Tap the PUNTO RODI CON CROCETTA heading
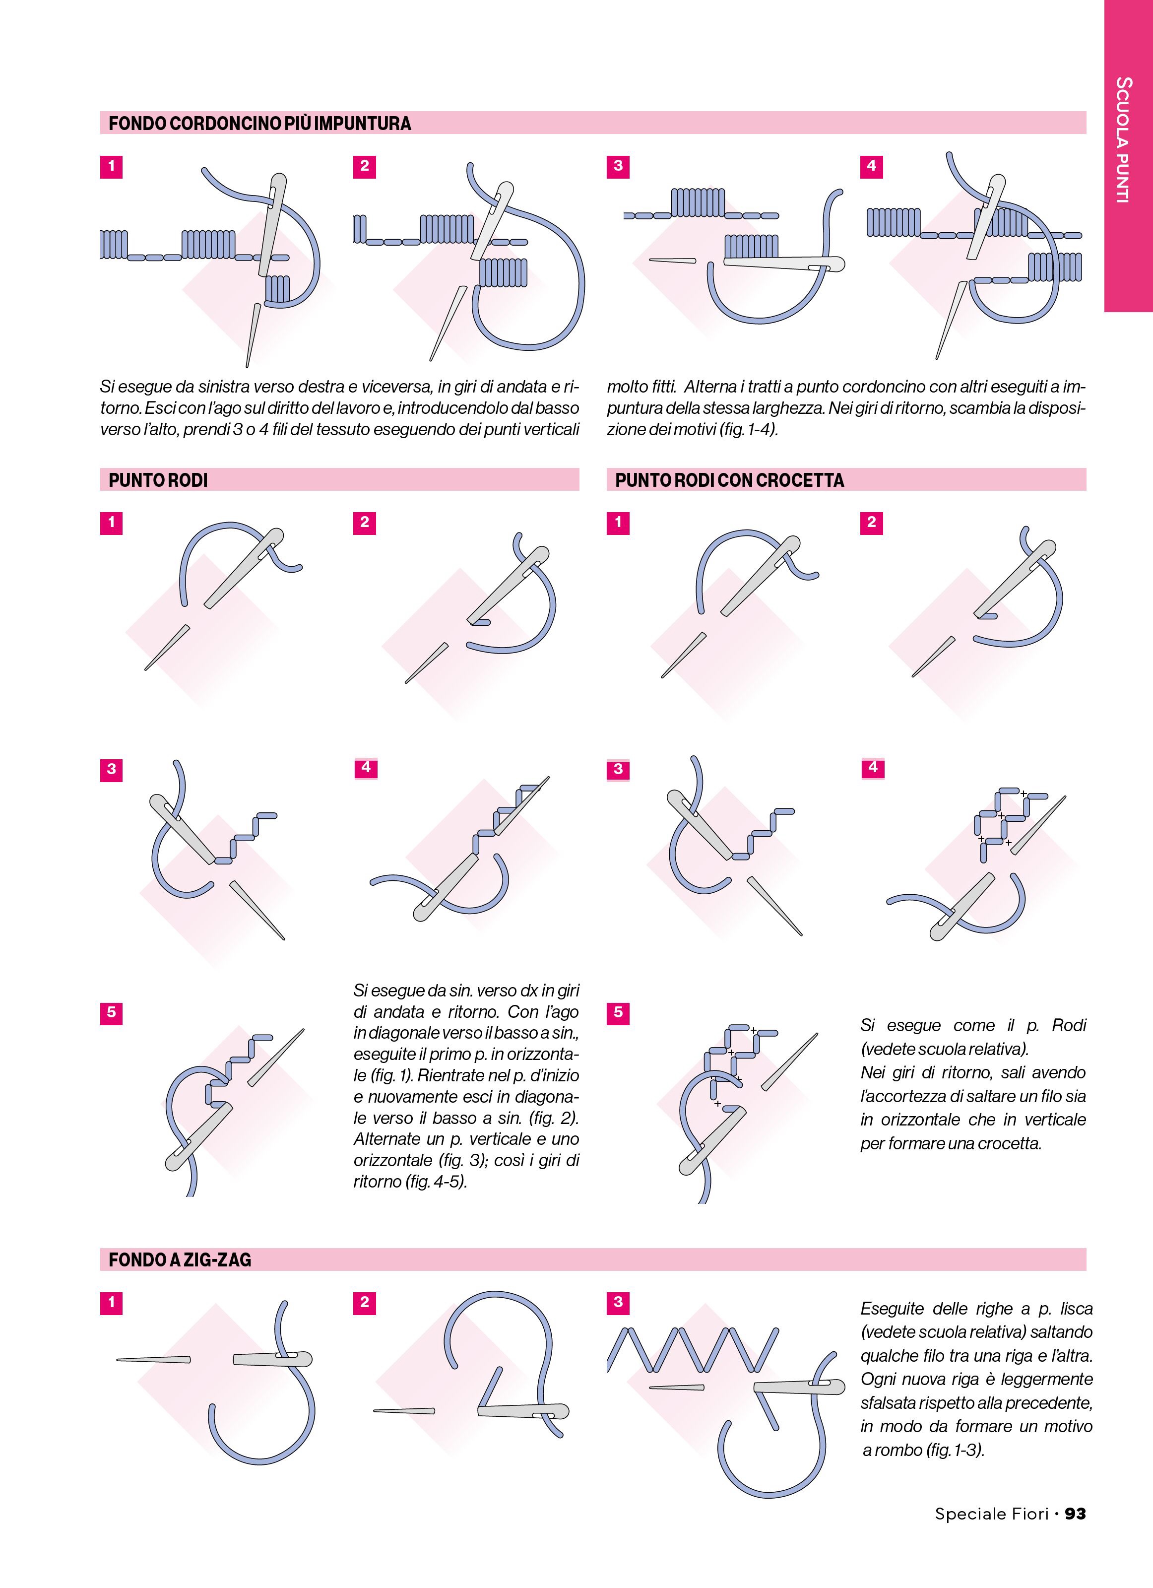pyautogui.click(x=729, y=480)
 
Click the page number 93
pyautogui.click(x=1075, y=1514)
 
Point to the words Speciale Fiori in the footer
pyautogui.click(x=991, y=1514)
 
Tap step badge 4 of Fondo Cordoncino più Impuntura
pyautogui.click(x=872, y=166)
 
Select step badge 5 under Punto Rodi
pyautogui.click(x=111, y=1012)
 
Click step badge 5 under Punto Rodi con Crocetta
pyautogui.click(x=618, y=1012)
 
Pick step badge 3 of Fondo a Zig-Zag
pyautogui.click(x=618, y=1302)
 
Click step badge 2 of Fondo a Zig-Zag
pyautogui.click(x=365, y=1302)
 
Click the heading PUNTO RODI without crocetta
pyautogui.click(x=158, y=480)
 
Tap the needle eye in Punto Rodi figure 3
pyautogui.click(x=168, y=809)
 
